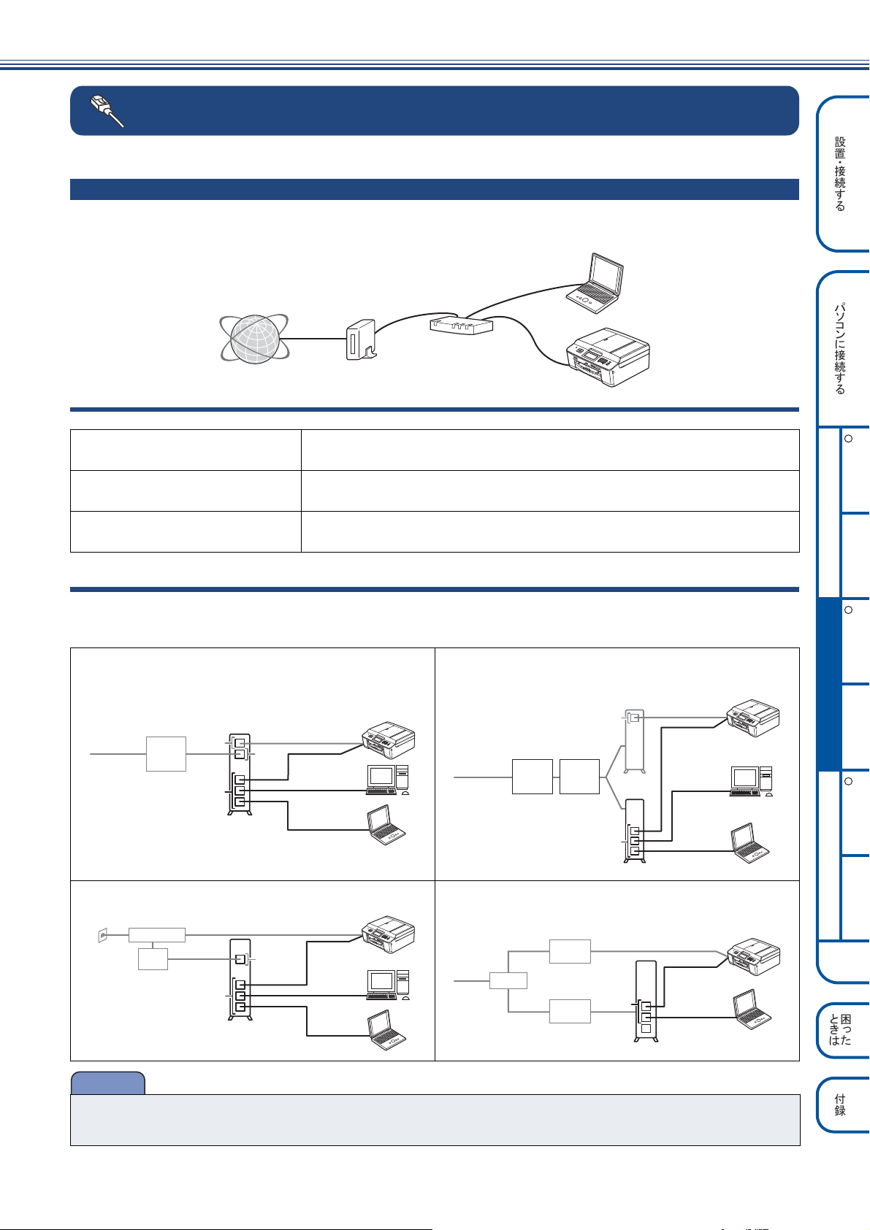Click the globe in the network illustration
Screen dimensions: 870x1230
[x=254, y=339]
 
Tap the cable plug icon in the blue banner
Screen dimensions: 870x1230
[x=107, y=111]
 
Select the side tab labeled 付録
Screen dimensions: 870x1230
[x=842, y=1104]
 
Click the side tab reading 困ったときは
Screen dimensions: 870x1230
[x=842, y=1030]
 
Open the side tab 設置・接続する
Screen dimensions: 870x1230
[x=842, y=174]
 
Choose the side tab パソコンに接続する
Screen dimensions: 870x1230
[x=842, y=349]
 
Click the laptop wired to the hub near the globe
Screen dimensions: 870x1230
[x=595, y=282]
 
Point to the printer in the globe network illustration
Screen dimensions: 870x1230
[x=608, y=357]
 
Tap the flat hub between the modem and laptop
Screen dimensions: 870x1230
[x=461, y=325]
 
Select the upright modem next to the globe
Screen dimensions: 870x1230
[x=361, y=340]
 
